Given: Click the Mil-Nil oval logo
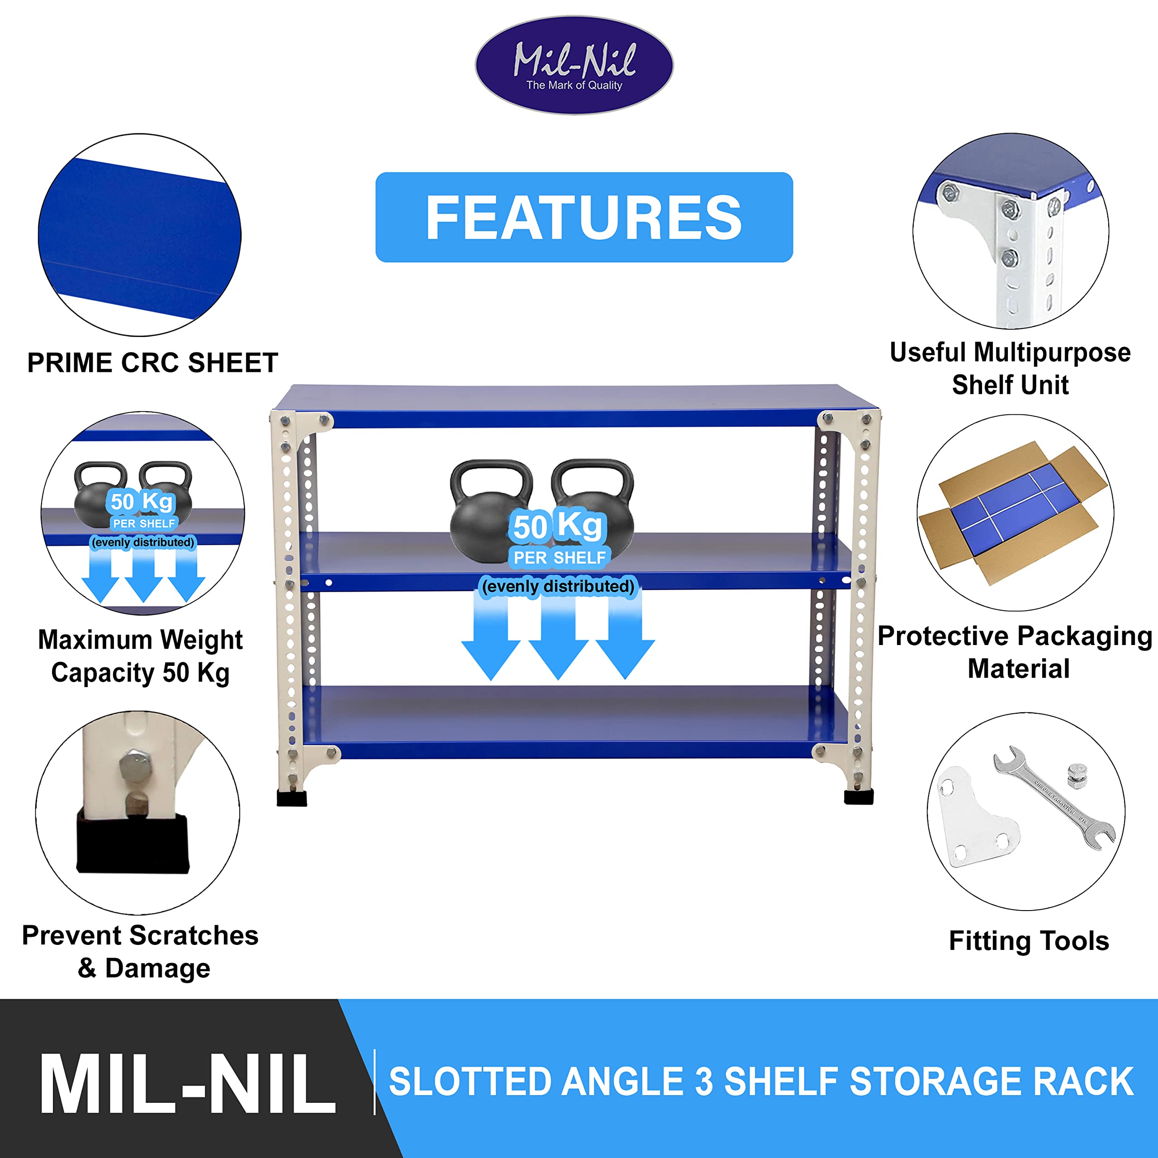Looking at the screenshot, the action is (x=574, y=65).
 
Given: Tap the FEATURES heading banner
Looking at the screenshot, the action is (x=584, y=217).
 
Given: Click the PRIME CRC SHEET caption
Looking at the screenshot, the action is (x=152, y=363).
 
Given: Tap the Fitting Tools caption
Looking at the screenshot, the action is (x=1029, y=940).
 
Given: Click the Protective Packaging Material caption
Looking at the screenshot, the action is (x=1015, y=651).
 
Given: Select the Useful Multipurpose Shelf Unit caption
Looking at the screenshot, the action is (x=1010, y=368).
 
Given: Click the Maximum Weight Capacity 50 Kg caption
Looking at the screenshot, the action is (x=140, y=656).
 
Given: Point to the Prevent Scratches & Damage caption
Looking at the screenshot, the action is (x=140, y=952).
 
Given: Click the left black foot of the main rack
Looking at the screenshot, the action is (x=292, y=798).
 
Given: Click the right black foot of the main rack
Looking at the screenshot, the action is (x=858, y=797).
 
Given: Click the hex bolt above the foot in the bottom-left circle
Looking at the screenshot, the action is (x=132, y=766).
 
